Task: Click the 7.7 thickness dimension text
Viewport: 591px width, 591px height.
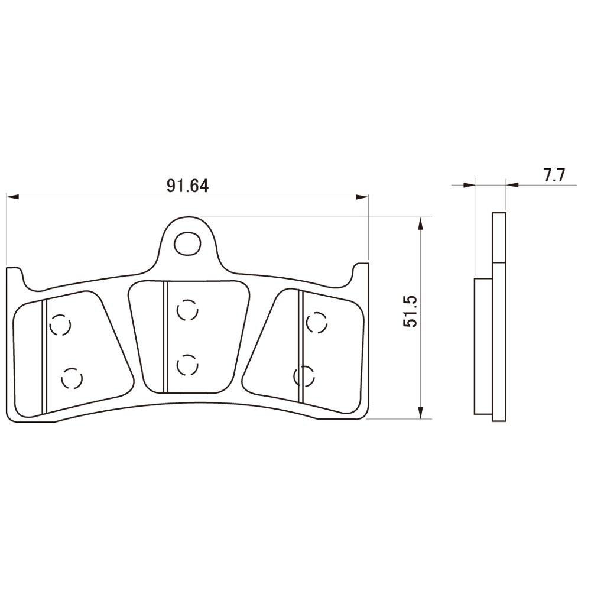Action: pos(554,175)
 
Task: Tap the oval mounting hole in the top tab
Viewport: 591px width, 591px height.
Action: pos(189,242)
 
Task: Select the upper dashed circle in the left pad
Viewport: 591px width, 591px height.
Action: pos(60,325)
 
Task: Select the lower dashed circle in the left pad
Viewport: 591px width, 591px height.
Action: pos(72,378)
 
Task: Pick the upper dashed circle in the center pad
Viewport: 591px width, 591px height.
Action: pos(186,310)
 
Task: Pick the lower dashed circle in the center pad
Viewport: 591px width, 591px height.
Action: pos(186,365)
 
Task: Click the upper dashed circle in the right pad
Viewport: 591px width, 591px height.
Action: pos(316,323)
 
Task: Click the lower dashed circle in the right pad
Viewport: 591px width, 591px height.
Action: pos(304,375)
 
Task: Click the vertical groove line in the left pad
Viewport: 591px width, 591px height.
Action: pos(44,358)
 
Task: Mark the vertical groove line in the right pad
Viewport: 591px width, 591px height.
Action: pos(301,346)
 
